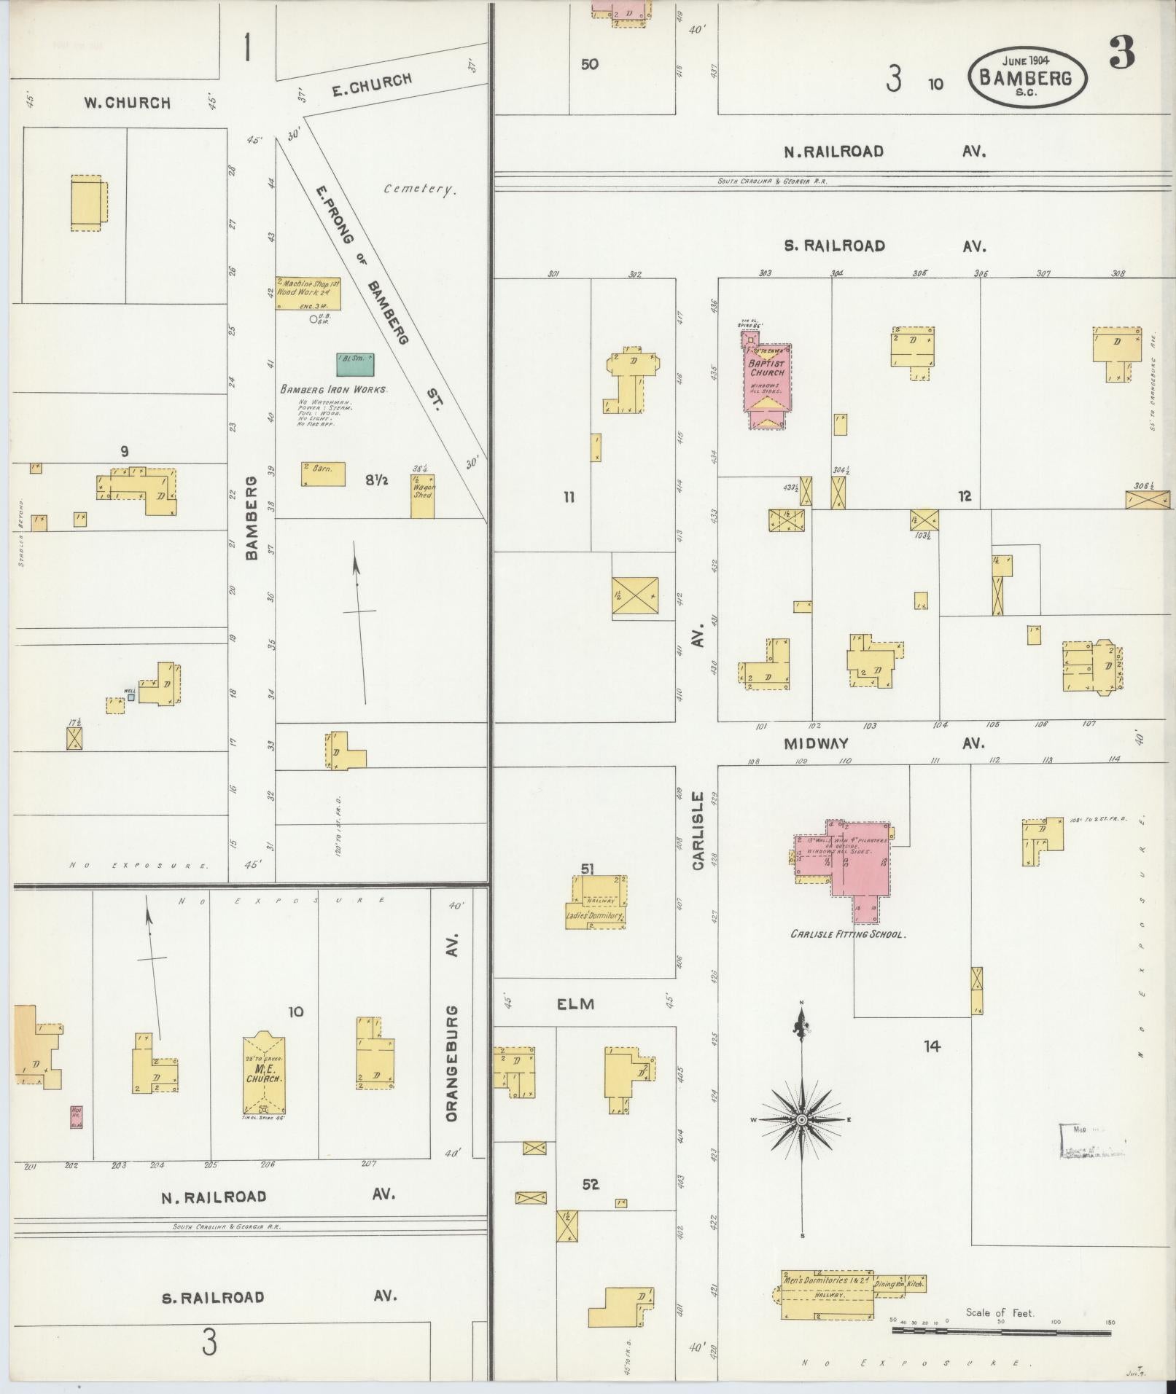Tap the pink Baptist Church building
coord(764,379)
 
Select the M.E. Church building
coord(263,1073)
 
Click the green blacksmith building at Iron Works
coord(356,364)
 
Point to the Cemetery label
coord(421,189)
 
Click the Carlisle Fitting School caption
coord(848,933)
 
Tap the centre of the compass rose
coord(801,1119)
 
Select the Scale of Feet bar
coord(1001,1331)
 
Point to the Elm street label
coord(575,1003)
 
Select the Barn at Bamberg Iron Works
coord(323,474)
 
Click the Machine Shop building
coord(308,292)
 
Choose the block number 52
coord(590,1184)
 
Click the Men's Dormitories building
coord(827,1296)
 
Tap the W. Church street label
coord(126,103)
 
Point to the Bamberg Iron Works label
coord(334,390)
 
